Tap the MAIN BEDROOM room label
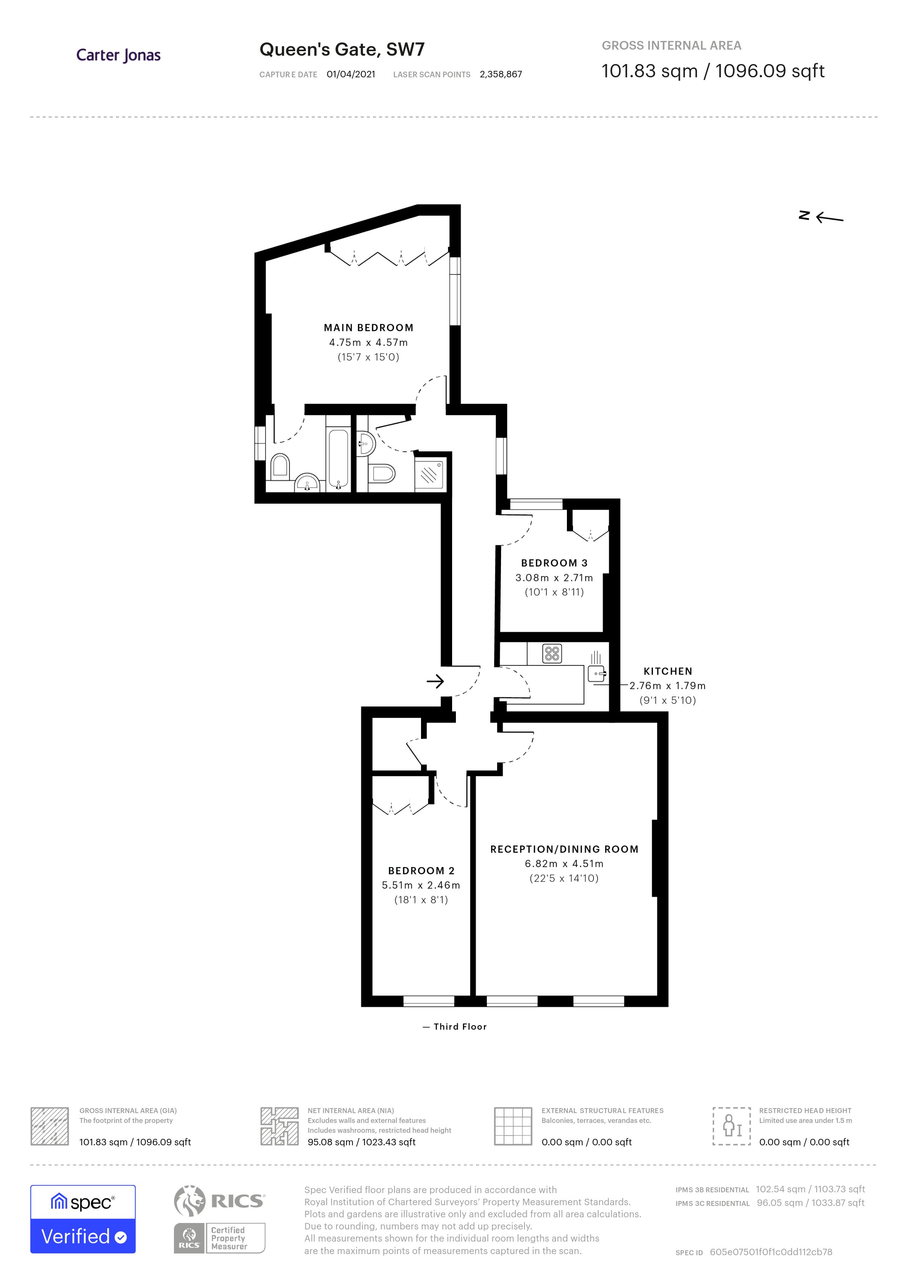368,328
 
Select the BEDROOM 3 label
554,563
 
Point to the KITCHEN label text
668,671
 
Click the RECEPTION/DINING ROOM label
564,849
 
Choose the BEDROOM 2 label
421,871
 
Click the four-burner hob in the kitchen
552,653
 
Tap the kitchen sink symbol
596,675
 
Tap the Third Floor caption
460,1027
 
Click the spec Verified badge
83,1219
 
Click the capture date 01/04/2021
351,74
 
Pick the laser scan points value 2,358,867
500,74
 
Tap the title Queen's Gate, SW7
341,50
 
